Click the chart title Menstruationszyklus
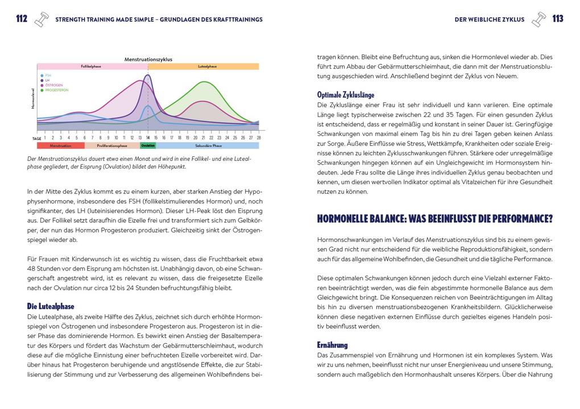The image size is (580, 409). coord(148,59)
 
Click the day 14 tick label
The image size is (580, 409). coord(148,137)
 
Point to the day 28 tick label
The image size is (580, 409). coord(259,137)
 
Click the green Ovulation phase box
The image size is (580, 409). coord(148,145)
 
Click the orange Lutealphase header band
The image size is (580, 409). coord(204,66)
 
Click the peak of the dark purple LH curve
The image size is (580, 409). coord(148,75)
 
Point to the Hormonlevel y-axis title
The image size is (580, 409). coord(33,98)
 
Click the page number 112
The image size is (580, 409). coord(22,19)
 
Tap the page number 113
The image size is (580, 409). coord(558,19)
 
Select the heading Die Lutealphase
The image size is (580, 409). coord(51,306)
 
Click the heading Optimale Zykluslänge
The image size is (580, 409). coord(346,95)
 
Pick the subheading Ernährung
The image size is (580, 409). coord(333,345)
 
